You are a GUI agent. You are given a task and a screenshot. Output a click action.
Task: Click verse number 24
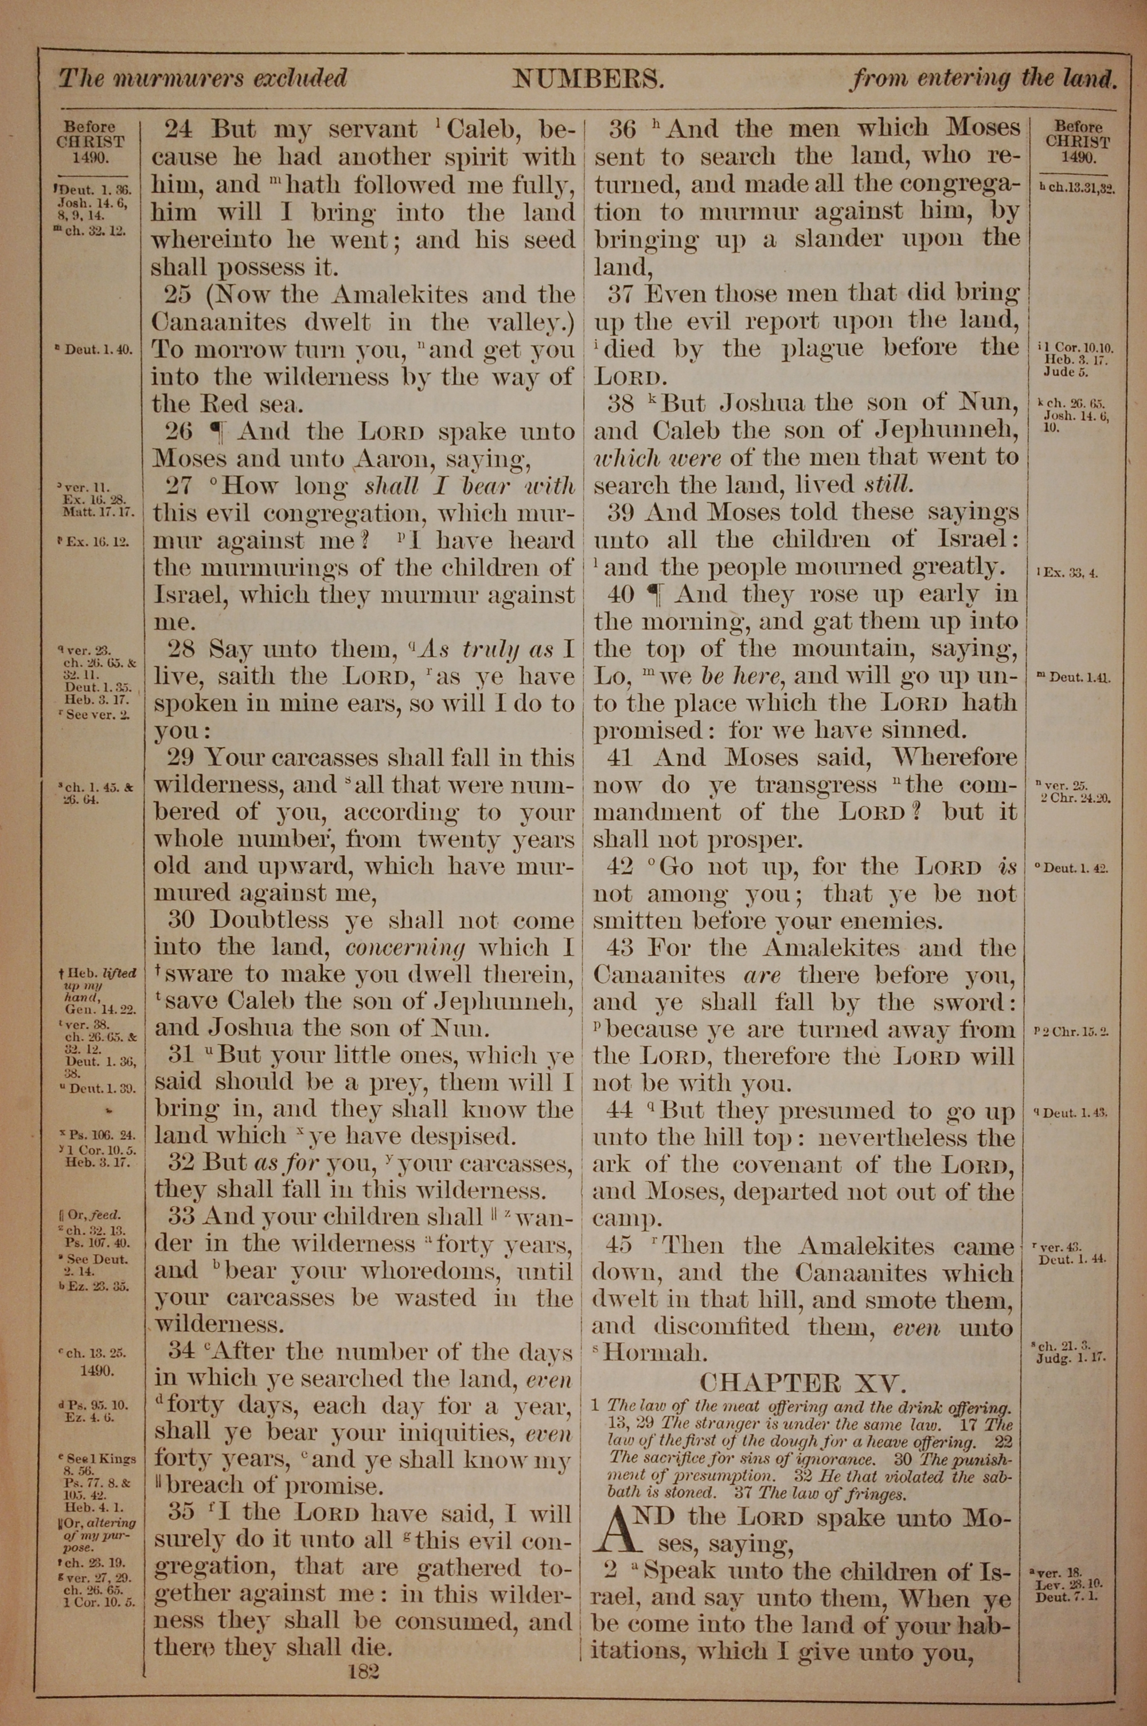point(178,130)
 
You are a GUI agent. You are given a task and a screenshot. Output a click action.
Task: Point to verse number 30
point(183,920)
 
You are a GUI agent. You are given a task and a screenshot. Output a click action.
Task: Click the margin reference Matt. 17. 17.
point(99,512)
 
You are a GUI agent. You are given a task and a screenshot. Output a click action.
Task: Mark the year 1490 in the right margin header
point(1075,157)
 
